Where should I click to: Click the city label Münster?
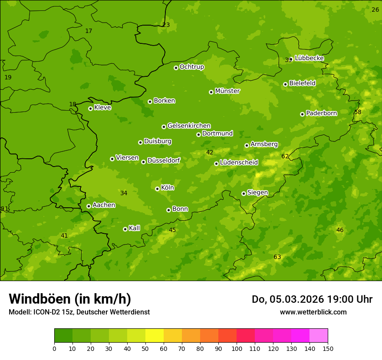227,91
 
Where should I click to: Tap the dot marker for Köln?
157,189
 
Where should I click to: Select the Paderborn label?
321,113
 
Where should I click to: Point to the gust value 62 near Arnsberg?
285,156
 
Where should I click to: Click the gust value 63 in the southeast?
277,257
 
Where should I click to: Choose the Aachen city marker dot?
89,206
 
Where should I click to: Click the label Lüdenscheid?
239,163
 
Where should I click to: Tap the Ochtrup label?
191,67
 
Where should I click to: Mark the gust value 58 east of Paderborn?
358,112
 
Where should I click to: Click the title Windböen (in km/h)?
70,299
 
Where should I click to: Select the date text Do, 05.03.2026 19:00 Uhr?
312,299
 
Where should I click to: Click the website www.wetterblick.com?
313,312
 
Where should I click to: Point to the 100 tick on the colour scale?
237,348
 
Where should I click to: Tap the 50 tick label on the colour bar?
145,348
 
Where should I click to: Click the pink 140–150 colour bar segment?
319,336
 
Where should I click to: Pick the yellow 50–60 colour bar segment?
155,336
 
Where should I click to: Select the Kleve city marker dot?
90,108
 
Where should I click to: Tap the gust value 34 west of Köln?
124,193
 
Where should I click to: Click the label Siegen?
257,193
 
